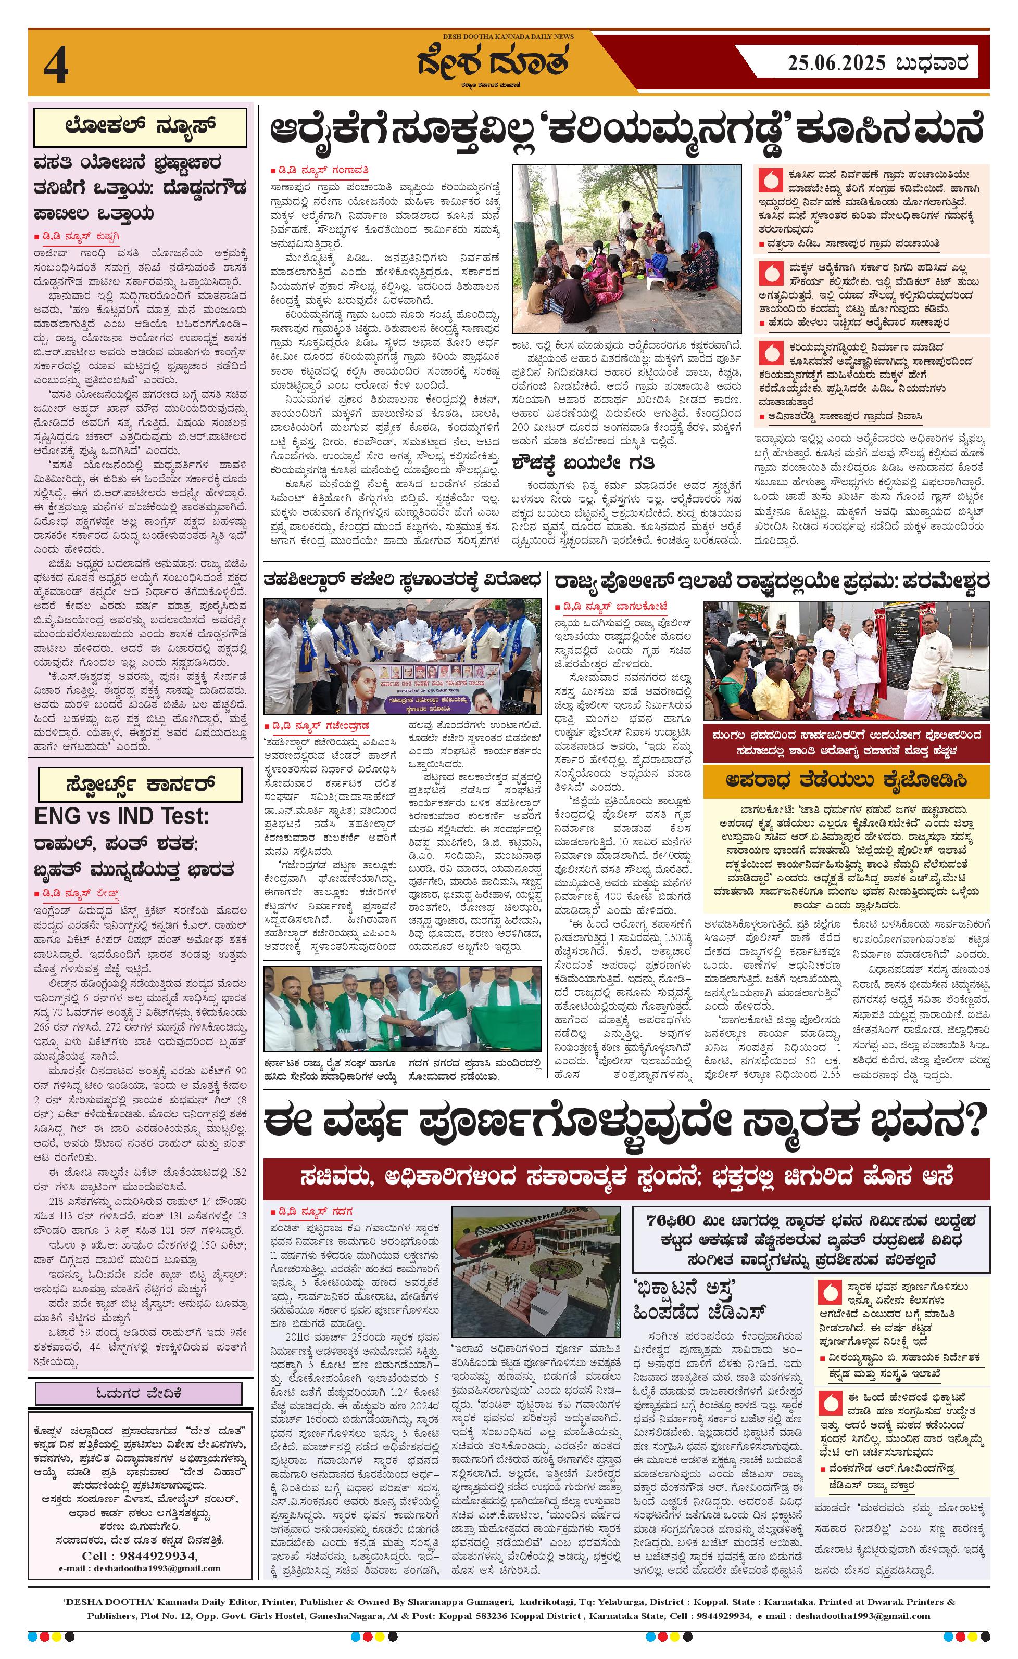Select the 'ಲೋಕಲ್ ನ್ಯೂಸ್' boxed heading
coord(141,126)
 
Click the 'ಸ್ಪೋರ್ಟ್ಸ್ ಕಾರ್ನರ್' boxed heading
coord(140,785)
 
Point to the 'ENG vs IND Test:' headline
coord(122,817)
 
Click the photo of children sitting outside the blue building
coord(626,249)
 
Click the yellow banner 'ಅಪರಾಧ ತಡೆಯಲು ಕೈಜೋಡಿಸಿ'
coord(846,781)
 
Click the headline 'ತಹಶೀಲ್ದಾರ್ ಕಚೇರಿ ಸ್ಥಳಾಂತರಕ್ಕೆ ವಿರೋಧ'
coord(402,579)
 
